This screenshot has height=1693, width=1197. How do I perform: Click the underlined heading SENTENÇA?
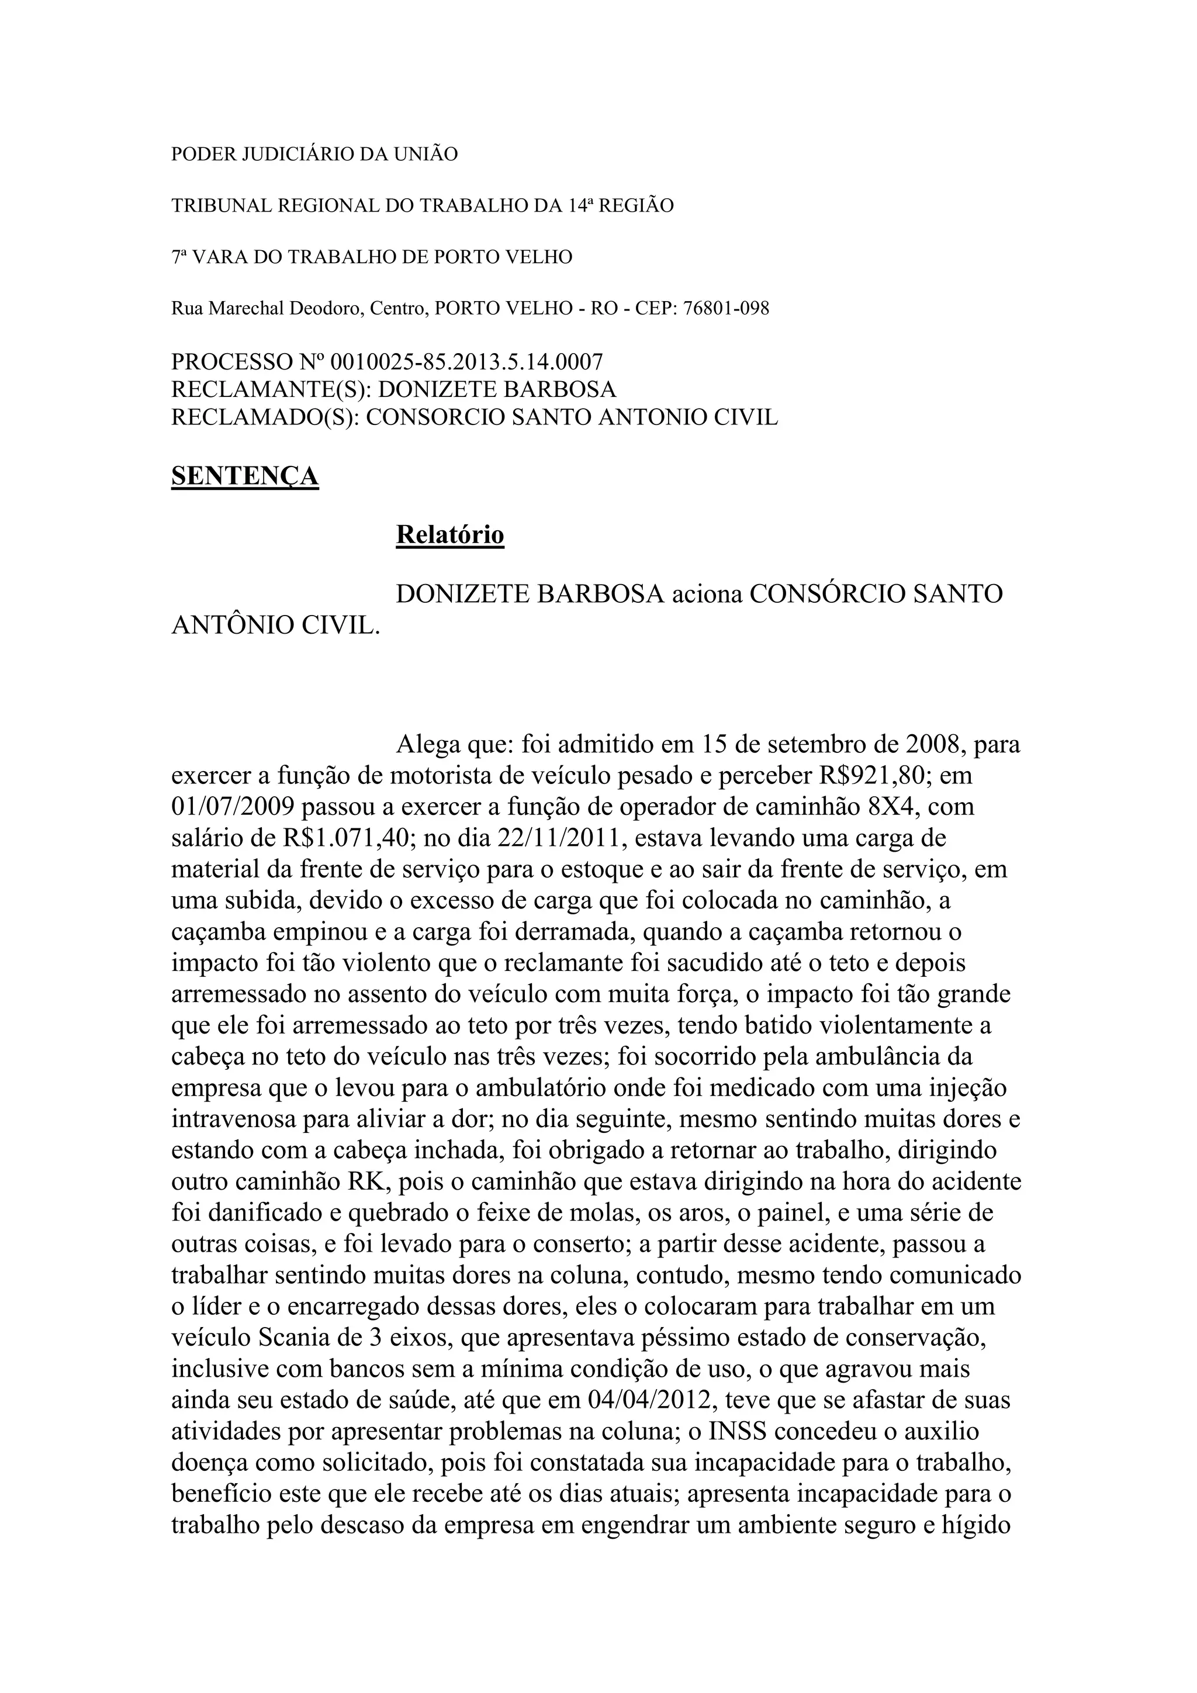tap(245, 476)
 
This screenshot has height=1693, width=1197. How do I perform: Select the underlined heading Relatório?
tap(449, 534)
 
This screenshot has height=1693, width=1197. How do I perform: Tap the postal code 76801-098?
tap(726, 308)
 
